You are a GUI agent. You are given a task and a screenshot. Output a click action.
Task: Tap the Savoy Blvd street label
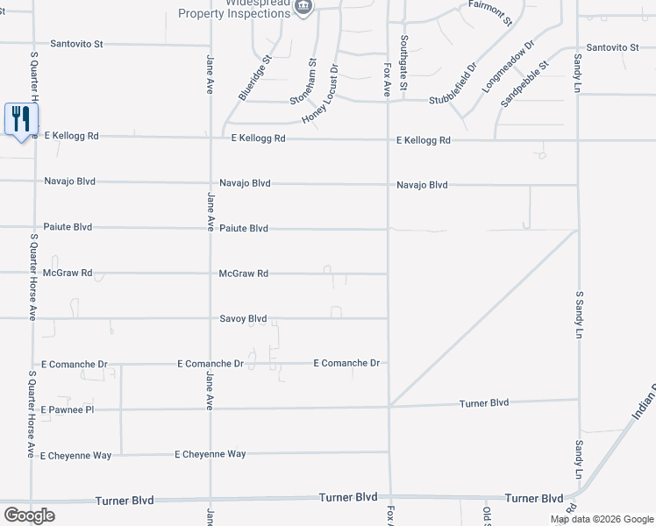243,319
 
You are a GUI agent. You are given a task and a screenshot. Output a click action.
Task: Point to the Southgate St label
403,62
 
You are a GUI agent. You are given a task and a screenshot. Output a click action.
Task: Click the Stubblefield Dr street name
453,86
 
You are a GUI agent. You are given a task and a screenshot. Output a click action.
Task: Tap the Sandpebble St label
524,84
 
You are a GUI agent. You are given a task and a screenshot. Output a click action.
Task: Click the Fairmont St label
489,15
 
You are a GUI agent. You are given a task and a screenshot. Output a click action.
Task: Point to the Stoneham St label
306,83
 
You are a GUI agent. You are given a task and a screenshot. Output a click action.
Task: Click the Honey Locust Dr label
320,94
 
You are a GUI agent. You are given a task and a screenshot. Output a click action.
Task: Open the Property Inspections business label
235,13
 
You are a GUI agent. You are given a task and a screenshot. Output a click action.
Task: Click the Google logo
29,515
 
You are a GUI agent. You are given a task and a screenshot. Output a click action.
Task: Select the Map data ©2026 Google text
602,519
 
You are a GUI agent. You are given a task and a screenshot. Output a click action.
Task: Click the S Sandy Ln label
579,314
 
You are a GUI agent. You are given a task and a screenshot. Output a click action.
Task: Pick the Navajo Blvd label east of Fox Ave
422,185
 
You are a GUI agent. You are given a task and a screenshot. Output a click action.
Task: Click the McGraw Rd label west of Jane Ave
68,274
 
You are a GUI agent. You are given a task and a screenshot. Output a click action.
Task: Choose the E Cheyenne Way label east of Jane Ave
210,454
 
